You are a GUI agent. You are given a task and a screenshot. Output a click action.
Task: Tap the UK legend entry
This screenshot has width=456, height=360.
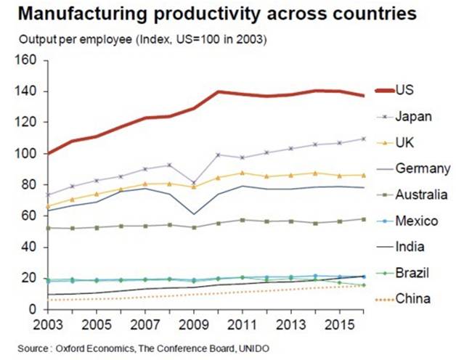click(x=404, y=142)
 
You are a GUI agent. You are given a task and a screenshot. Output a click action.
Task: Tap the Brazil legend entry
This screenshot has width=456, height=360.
click(x=410, y=272)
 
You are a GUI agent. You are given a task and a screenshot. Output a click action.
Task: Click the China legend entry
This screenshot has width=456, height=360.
click(x=410, y=298)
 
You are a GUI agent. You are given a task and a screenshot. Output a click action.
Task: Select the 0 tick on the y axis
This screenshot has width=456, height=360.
click(x=34, y=309)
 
